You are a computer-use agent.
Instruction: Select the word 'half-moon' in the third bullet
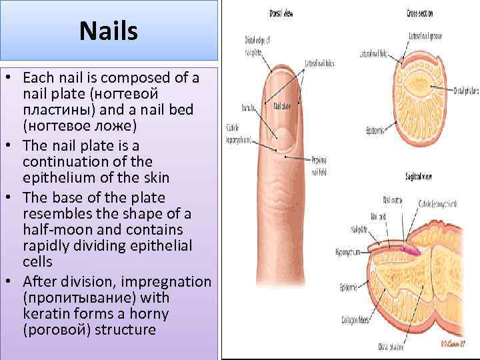(x=54, y=229)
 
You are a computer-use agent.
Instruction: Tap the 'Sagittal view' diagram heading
(x=418, y=177)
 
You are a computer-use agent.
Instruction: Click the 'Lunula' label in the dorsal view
(x=249, y=105)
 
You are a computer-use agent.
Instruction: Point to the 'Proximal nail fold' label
(x=319, y=163)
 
